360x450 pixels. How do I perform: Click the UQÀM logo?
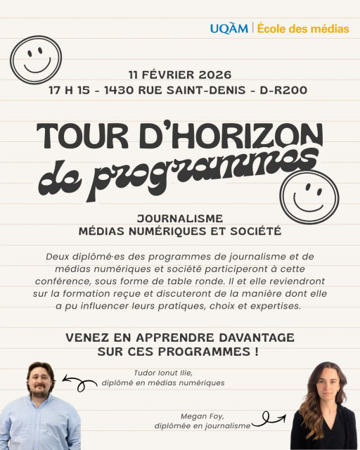point(229,29)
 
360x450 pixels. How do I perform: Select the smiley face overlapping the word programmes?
point(308,197)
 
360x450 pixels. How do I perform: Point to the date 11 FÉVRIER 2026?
point(180,75)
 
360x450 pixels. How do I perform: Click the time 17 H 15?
point(72,90)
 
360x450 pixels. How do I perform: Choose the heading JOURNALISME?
point(181,218)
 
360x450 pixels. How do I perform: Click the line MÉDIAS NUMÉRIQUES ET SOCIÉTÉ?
point(181,231)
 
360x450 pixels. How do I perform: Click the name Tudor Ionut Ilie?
point(164,373)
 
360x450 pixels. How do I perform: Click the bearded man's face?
point(41,381)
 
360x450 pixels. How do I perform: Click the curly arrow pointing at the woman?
point(269,420)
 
